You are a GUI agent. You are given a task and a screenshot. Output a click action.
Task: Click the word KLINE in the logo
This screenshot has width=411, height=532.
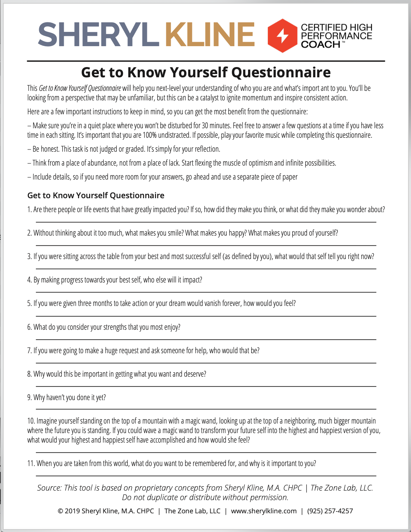210,35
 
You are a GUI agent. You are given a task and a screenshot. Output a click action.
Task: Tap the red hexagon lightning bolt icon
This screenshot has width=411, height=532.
282,36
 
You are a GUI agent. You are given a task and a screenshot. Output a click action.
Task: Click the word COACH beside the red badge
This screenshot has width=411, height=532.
321,44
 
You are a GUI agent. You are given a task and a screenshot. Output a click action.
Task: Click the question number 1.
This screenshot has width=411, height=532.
29,210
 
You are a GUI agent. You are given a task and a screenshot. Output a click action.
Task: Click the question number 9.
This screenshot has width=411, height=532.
29,398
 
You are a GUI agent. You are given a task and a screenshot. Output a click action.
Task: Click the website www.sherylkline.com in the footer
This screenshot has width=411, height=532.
264,511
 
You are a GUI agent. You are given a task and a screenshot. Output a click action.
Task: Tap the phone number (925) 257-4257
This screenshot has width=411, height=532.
330,511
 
